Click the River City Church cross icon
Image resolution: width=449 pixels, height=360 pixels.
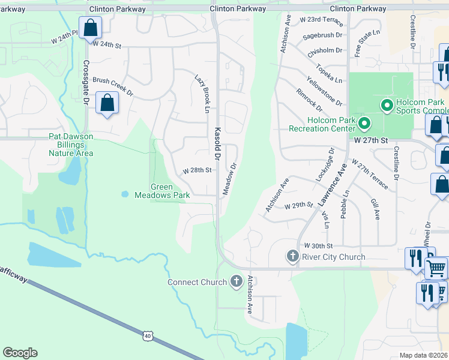click(292, 257)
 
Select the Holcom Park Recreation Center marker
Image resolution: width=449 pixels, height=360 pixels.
click(364, 124)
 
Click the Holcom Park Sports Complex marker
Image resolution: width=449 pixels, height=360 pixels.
click(387, 106)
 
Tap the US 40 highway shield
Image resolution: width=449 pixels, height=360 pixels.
click(148, 336)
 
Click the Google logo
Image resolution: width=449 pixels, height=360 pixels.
click(20, 353)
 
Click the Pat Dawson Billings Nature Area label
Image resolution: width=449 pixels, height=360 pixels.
click(71, 145)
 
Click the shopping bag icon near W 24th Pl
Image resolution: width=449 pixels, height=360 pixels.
click(90, 27)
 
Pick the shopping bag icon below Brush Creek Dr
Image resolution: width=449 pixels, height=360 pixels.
click(107, 103)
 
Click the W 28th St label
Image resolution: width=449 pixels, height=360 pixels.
click(197, 170)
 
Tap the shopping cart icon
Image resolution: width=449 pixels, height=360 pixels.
click(436, 267)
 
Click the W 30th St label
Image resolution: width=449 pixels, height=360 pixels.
click(318, 246)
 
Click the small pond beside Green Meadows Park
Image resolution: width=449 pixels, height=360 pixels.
click(124, 194)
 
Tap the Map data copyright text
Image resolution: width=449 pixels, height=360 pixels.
click(424, 355)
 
